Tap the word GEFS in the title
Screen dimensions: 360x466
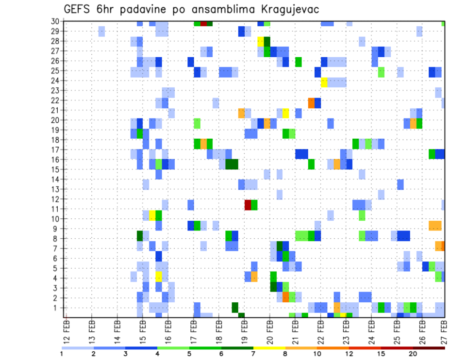(80, 10)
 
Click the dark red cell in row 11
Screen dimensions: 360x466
(248, 205)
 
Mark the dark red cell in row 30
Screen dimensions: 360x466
(203, 23)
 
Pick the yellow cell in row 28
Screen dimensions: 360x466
(261, 41)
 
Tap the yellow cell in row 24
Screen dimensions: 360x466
(324, 82)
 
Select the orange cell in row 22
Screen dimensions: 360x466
(311, 102)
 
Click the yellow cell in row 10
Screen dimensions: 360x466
(152, 215)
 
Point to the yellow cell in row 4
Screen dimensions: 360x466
(158, 276)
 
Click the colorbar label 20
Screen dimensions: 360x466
(413, 353)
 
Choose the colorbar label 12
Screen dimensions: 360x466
(349, 353)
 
